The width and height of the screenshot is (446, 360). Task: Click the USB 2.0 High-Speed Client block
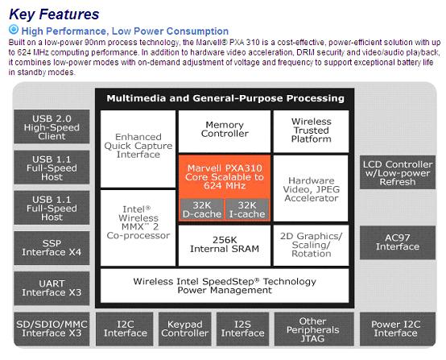point(52,126)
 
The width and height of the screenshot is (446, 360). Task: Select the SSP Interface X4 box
point(52,248)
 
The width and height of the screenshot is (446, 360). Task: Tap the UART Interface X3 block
point(52,288)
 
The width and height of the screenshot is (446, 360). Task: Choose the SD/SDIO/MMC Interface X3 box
point(52,329)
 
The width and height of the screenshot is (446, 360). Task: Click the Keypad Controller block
point(185,329)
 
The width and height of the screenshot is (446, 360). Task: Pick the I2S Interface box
point(242,329)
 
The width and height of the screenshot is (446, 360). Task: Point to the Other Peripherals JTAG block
point(314,329)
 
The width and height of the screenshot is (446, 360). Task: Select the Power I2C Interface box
point(398,329)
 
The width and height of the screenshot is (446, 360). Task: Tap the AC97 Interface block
point(398,242)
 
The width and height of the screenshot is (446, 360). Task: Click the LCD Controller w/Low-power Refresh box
point(398,172)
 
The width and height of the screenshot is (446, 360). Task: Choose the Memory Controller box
point(225,131)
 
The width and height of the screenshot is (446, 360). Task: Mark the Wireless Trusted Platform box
point(312,131)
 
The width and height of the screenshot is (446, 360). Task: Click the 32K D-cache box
point(202,209)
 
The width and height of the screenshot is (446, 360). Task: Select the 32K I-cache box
point(247,209)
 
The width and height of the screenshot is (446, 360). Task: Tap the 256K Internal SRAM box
point(225,246)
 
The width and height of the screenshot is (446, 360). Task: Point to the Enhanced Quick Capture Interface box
point(138,149)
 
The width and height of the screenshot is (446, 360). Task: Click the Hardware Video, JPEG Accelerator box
point(312,188)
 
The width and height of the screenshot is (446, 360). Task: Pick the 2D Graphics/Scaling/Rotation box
point(312,246)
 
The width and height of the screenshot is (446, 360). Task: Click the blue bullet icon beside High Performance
point(14,30)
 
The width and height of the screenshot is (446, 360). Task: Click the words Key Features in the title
point(54,14)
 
